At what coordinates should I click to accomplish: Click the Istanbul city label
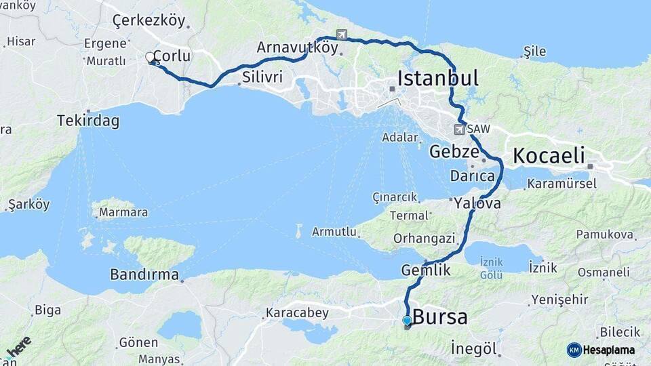pyautogui.click(x=437, y=78)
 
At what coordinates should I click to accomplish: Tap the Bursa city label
pyautogui.click(x=439, y=317)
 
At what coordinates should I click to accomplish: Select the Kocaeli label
pyautogui.click(x=548, y=156)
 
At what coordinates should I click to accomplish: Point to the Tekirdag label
pyautogui.click(x=88, y=121)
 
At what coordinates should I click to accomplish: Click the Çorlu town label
pyautogui.click(x=172, y=56)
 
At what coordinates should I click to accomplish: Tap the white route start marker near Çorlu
pyautogui.click(x=150, y=58)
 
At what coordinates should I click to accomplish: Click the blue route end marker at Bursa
pyautogui.click(x=407, y=321)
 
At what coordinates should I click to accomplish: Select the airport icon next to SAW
pyautogui.click(x=460, y=129)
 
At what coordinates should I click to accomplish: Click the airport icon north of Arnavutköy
pyautogui.click(x=341, y=35)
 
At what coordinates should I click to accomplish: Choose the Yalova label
pyautogui.click(x=477, y=203)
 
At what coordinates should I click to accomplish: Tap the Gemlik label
pyautogui.click(x=426, y=270)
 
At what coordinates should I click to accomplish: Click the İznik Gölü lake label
pyautogui.click(x=491, y=268)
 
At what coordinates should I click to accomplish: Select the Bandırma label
pyautogui.click(x=145, y=276)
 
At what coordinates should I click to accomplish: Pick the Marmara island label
pyautogui.click(x=123, y=213)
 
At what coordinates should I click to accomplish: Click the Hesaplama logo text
pyautogui.click(x=609, y=350)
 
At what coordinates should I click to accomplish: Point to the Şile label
pyautogui.click(x=534, y=52)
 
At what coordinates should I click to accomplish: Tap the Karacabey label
pyautogui.click(x=297, y=313)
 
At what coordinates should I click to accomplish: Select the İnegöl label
pyautogui.click(x=475, y=349)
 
